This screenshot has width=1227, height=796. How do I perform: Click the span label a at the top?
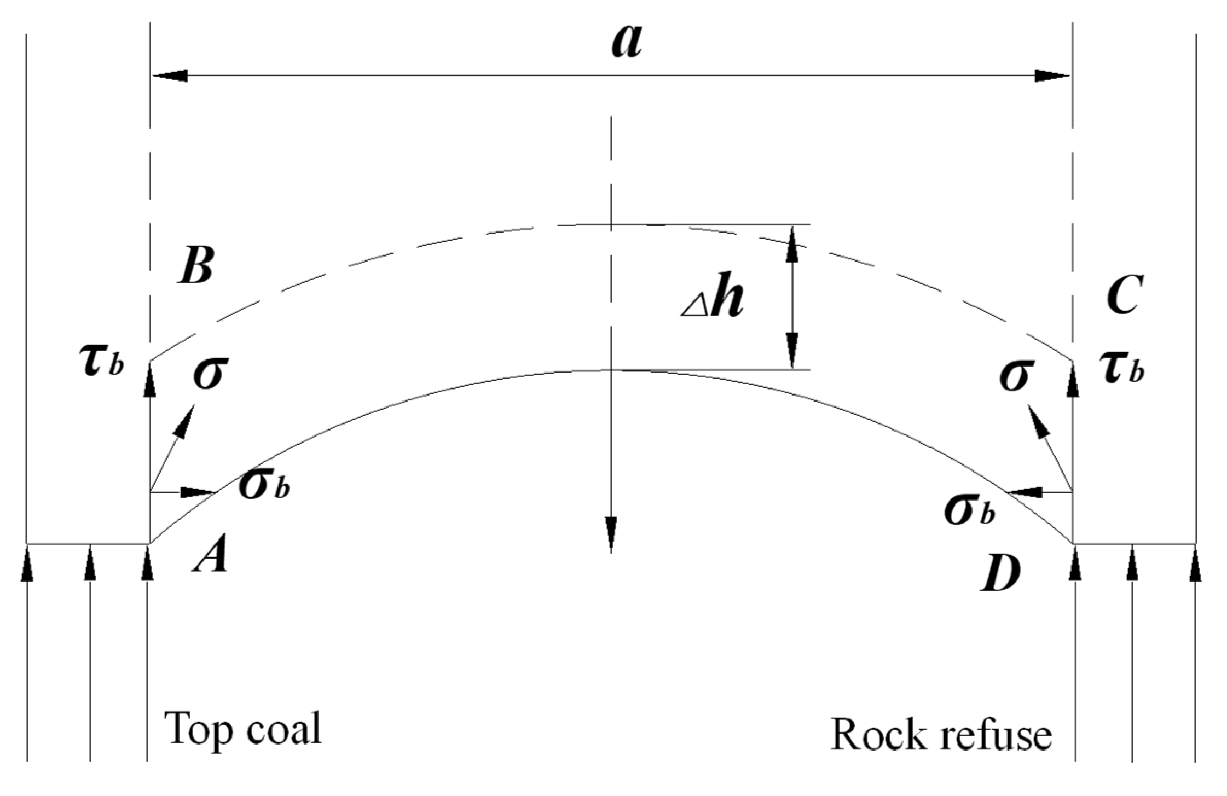[x=627, y=43]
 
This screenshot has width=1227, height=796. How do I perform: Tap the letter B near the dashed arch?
[x=195, y=266]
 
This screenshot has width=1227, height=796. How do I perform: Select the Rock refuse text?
[x=941, y=735]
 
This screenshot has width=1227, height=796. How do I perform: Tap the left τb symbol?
[x=102, y=363]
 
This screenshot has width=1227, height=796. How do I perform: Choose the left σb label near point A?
[x=264, y=486]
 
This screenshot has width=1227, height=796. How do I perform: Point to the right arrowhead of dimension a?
[x=1052, y=76]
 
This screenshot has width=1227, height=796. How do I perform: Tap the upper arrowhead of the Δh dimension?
[x=792, y=244]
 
